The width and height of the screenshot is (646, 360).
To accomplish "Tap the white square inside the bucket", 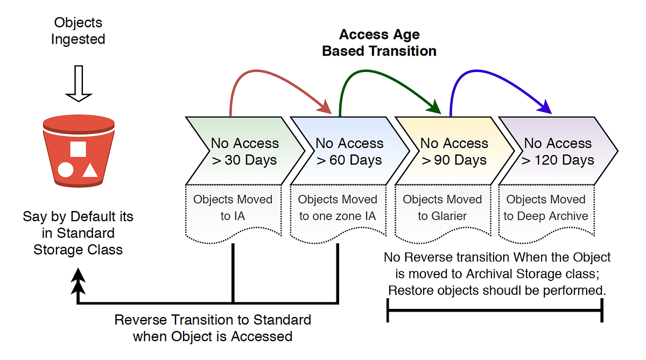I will [78, 149].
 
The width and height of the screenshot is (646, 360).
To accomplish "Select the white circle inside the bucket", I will [66, 171].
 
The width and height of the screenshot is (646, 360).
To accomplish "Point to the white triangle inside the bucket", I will [90, 170].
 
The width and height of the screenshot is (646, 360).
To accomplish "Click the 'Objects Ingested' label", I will [78, 31].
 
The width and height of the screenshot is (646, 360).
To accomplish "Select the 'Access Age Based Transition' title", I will [379, 43].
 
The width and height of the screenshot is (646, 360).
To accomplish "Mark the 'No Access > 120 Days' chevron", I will [557, 151].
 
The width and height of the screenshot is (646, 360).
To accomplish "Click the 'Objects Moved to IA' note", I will [233, 208].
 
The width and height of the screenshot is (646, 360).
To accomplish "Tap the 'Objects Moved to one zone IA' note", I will [338, 208].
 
